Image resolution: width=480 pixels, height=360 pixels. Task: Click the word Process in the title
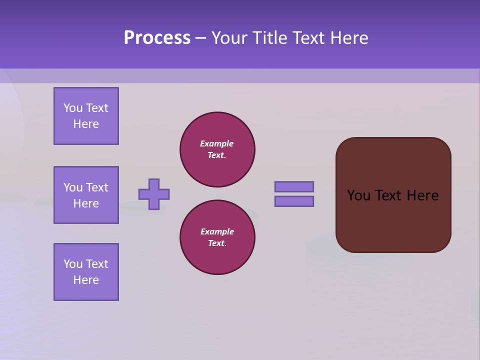pos(157,38)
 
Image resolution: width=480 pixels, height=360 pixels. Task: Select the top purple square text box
pos(86,116)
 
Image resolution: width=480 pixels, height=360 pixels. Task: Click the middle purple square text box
pos(86,195)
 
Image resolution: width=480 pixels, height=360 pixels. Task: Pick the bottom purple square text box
pos(86,272)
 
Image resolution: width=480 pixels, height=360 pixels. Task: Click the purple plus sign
pos(154,194)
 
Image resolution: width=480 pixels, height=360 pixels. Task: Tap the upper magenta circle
pos(217,149)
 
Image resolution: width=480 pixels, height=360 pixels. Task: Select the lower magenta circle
pos(217,237)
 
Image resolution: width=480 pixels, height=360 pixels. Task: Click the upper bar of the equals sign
pos(294,186)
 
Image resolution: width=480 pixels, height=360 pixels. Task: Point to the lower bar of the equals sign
pos(294,201)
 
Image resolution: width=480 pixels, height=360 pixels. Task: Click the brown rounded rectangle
pos(393,220)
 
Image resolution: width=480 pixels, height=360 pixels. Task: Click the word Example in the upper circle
pos(217,143)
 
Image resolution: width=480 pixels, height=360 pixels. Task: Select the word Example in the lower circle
pos(217,231)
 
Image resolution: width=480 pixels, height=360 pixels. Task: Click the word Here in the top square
pos(86,124)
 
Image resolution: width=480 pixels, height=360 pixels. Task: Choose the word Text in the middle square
pos(96,187)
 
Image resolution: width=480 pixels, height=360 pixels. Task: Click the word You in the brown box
pos(358,195)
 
